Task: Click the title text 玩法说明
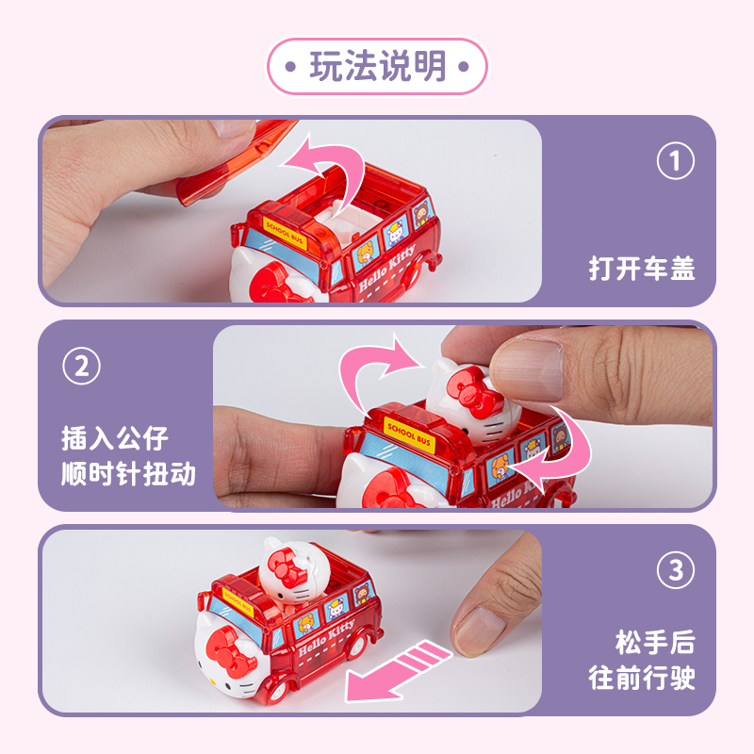(x=378, y=66)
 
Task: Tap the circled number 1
(x=675, y=160)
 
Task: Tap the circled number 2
(x=81, y=366)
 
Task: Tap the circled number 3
(x=675, y=570)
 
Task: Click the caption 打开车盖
(x=642, y=269)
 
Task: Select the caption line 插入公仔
(x=114, y=438)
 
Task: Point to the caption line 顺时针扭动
(x=128, y=474)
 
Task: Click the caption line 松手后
(x=655, y=643)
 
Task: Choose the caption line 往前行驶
(x=642, y=678)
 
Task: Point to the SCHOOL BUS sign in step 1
(x=285, y=233)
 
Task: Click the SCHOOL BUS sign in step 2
(x=410, y=434)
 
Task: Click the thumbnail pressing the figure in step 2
(x=526, y=369)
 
